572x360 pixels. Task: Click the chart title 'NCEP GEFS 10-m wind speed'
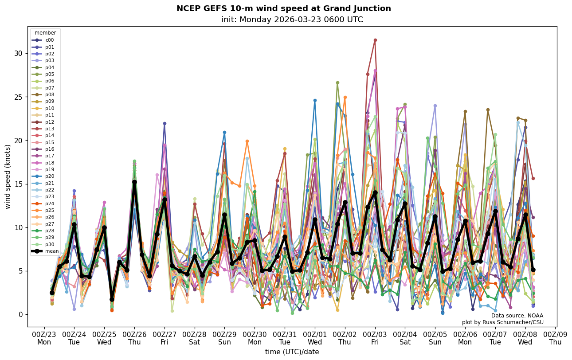tap(284, 8)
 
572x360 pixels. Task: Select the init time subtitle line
tap(292, 20)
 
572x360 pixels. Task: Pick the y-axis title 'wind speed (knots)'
tap(8, 176)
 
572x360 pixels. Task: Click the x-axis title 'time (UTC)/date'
tap(292, 352)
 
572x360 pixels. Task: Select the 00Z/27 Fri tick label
tap(165, 338)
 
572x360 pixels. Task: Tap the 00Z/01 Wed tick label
tap(315, 338)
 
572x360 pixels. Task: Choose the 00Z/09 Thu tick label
tap(555, 338)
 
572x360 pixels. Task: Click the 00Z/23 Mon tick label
tap(44, 338)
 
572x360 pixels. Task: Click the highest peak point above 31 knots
tap(375, 40)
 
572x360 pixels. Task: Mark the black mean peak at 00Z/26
tap(134, 182)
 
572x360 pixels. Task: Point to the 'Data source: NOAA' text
tap(517, 316)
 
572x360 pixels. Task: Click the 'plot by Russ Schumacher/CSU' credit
tap(502, 322)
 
